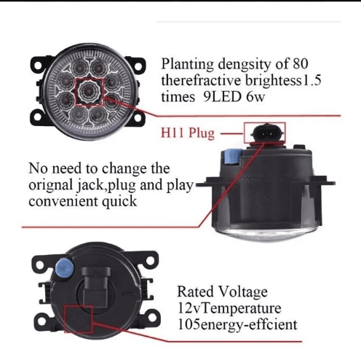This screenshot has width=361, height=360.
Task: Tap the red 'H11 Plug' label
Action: click(188, 133)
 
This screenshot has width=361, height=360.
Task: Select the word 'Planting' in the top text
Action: click(188, 65)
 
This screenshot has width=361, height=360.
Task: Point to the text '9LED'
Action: click(222, 96)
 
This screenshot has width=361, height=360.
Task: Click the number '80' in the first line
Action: click(301, 63)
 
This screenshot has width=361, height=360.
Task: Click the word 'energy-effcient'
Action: click(249, 324)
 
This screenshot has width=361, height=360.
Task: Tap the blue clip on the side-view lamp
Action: click(233, 157)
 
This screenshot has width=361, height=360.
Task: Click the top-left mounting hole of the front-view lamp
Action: click(38, 65)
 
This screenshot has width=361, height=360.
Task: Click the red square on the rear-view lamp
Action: click(79, 319)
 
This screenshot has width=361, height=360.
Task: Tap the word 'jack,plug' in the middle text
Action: click(106, 186)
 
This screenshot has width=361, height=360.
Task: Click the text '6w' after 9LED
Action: click(255, 97)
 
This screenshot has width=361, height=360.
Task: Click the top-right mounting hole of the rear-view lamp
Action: click(150, 261)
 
